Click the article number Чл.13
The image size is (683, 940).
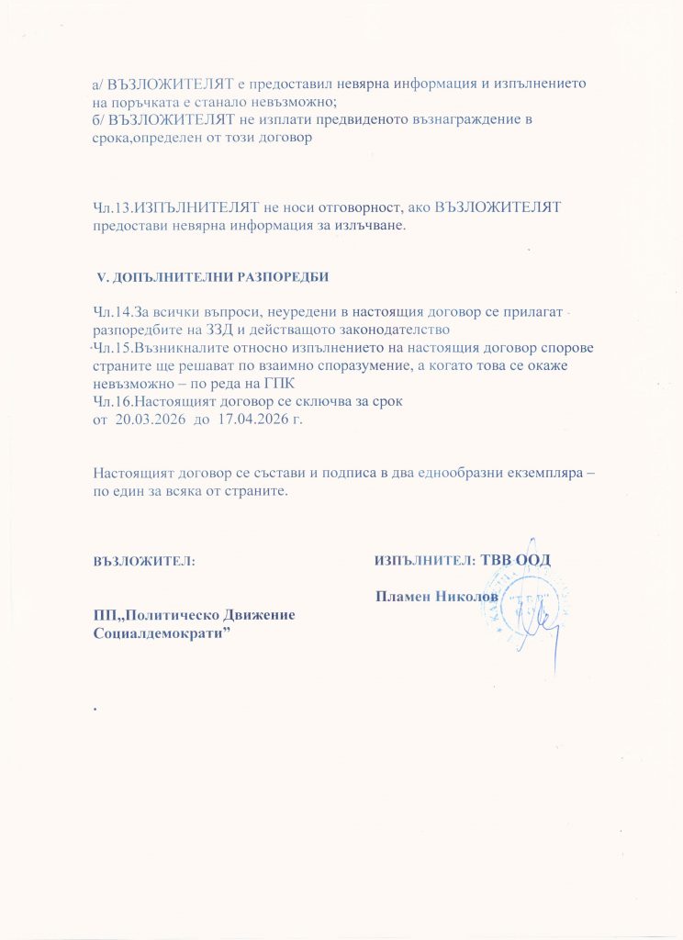tap(113, 207)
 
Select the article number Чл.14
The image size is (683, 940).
tap(113, 313)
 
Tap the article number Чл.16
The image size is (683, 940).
tap(113, 401)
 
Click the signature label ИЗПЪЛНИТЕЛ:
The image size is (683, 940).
tap(424, 559)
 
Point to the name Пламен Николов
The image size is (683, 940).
tap(437, 597)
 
